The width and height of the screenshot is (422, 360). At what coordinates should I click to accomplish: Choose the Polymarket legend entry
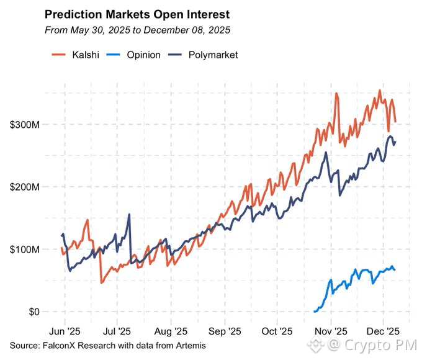208,55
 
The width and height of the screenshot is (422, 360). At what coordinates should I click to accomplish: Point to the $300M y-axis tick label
25,125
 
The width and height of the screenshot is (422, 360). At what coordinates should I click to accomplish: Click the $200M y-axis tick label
25,187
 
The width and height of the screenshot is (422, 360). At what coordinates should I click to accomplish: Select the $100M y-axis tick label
25,250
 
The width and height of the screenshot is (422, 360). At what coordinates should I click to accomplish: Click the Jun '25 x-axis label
65,331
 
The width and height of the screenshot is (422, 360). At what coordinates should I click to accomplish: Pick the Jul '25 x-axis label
117,331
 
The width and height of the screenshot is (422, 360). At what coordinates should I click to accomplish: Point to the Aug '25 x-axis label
171,331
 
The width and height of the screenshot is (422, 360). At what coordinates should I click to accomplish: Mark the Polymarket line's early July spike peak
129,215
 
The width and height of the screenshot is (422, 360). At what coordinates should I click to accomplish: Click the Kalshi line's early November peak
336,94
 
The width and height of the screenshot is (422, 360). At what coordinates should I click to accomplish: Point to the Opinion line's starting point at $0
315,311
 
